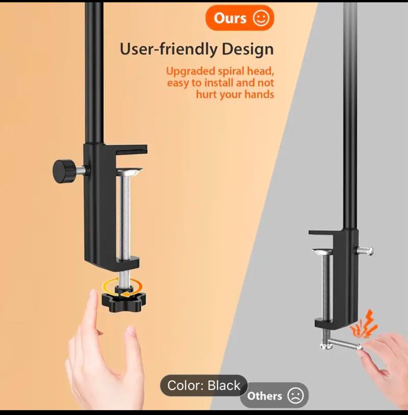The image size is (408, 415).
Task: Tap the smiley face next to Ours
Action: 261,18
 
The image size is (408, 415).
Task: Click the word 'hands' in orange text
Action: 260,95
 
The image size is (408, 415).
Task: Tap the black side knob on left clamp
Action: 62,170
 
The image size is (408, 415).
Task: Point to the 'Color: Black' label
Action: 203,386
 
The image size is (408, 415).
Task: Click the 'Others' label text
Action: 264,396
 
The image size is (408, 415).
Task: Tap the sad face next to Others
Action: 295,395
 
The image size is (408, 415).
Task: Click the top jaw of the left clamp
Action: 128,151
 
